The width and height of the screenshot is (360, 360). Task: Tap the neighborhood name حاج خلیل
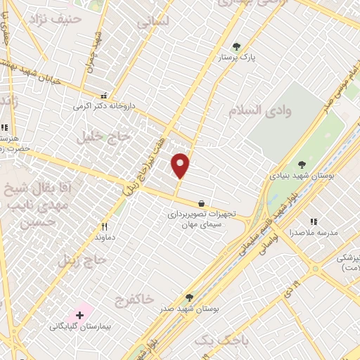tap(111, 136)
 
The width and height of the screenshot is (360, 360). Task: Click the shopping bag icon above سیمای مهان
tap(202, 203)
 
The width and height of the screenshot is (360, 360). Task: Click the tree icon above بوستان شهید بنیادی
tap(302, 164)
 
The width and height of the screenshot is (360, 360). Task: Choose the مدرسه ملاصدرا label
tap(314, 232)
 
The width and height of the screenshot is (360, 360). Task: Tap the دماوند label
tap(105, 238)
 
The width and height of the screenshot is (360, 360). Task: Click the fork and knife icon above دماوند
tap(105, 226)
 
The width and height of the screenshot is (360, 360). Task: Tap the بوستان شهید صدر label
tap(189, 309)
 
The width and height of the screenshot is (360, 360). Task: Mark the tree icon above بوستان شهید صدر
tap(189, 297)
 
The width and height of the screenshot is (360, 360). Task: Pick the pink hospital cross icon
tap(79, 314)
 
